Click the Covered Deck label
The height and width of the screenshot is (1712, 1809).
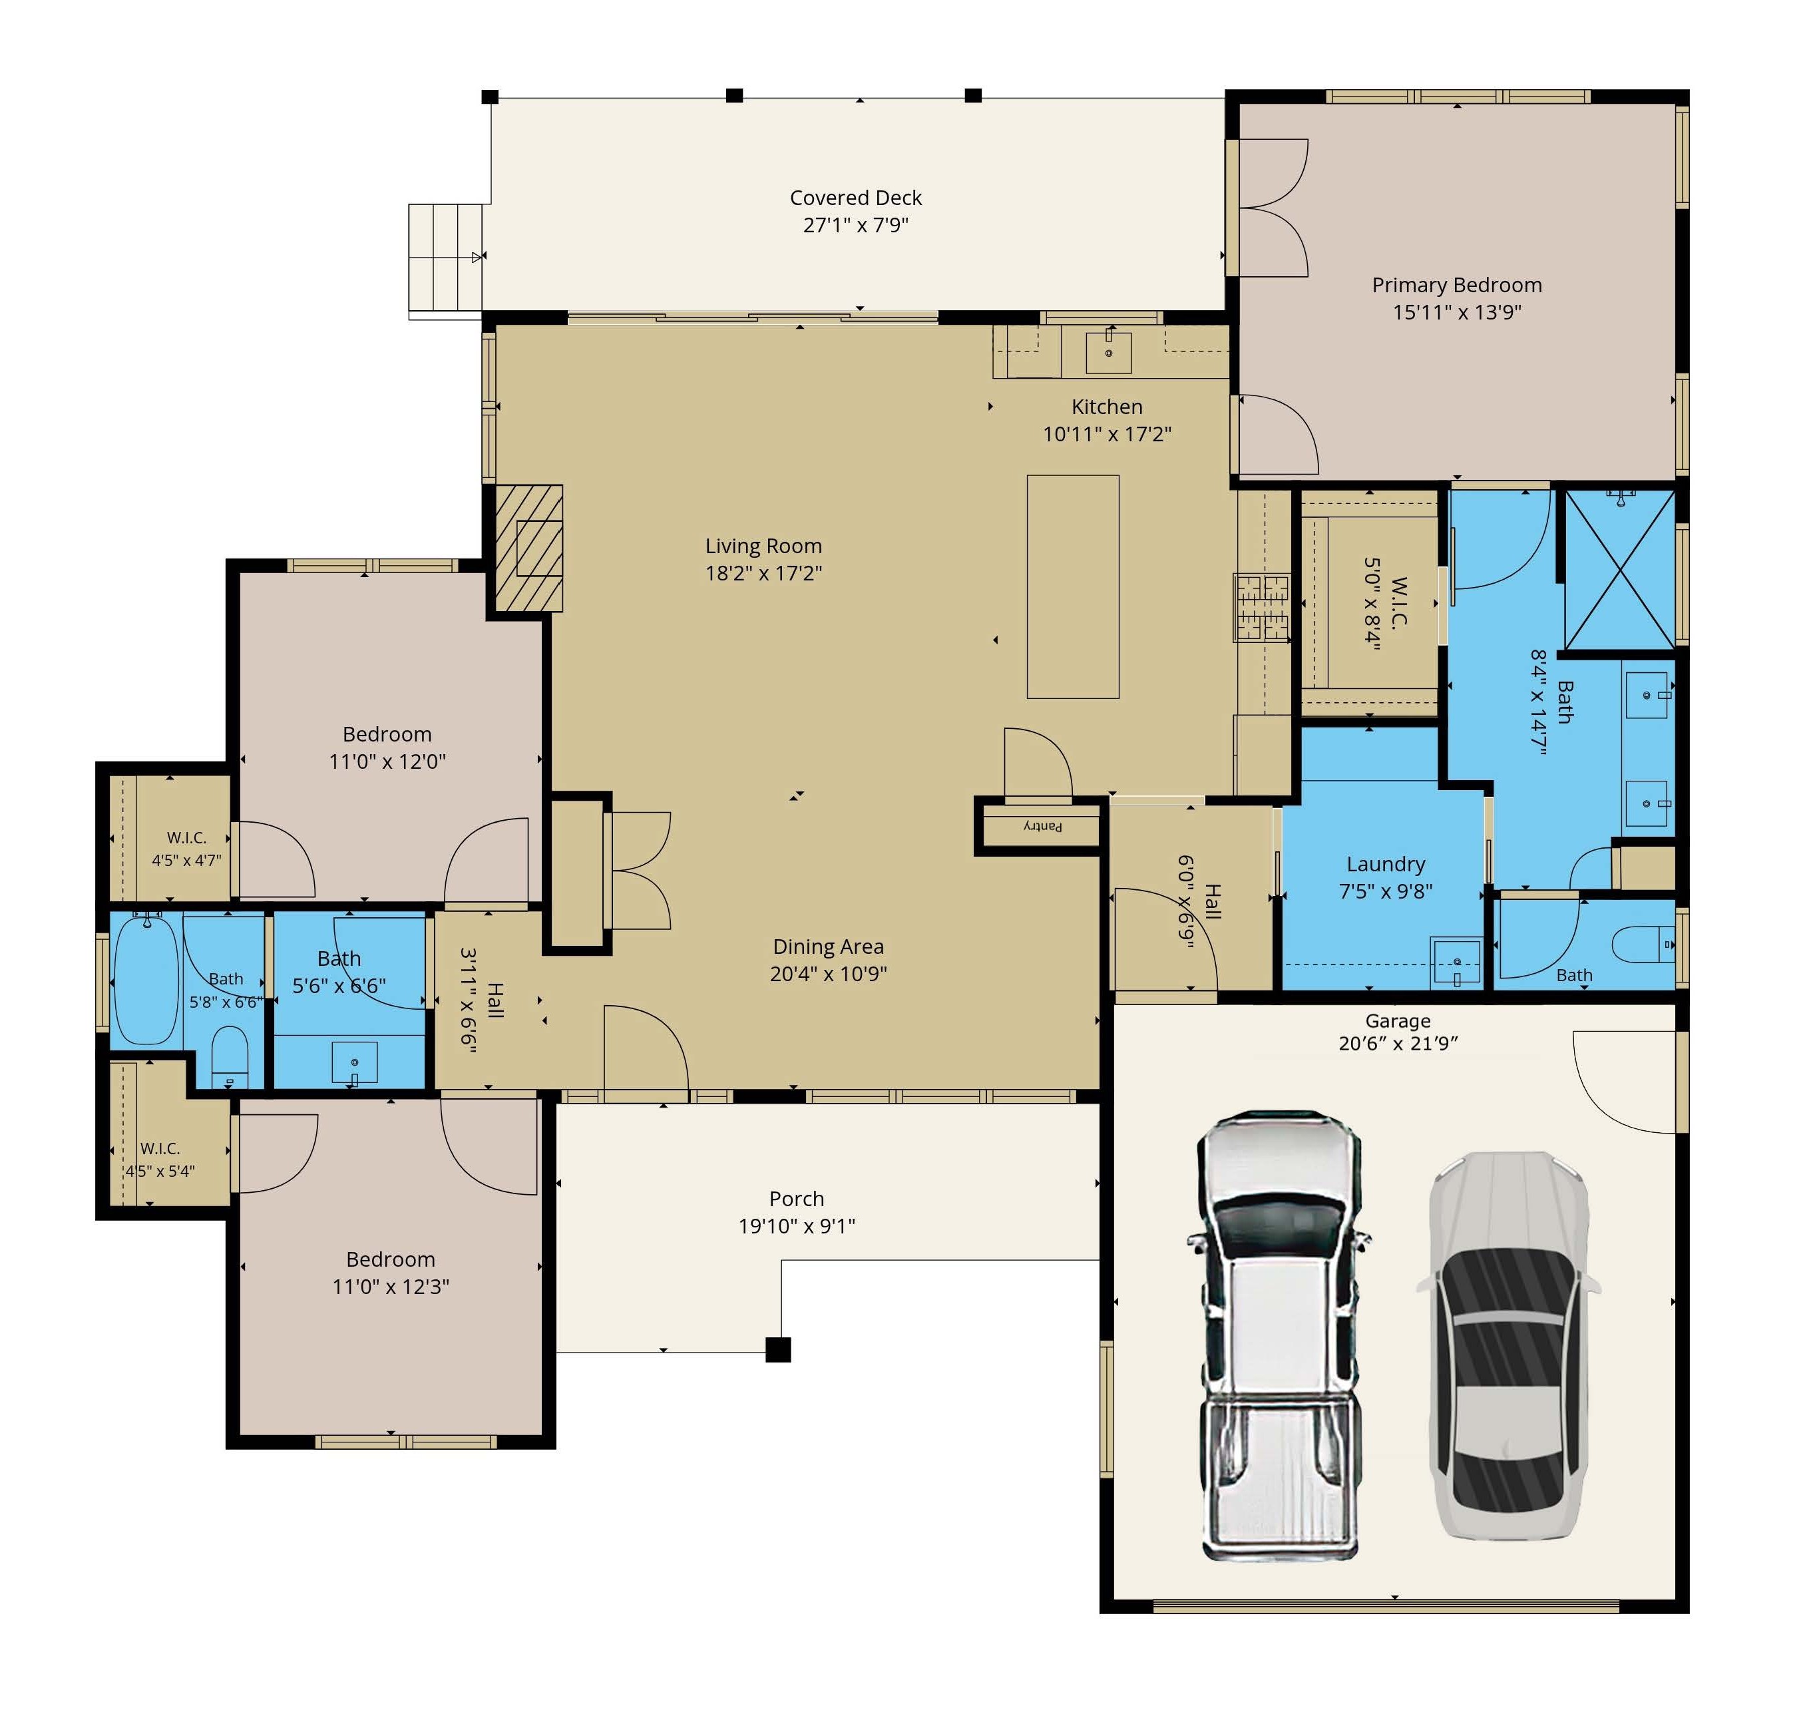point(856,198)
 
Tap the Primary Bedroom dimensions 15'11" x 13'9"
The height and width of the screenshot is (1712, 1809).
point(1457,312)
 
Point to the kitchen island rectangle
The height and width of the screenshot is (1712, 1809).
point(1073,587)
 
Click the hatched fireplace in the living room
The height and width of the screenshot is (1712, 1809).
point(529,548)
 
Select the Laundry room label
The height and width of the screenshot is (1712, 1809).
point(1386,864)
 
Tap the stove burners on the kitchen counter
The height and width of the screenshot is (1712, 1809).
point(1262,606)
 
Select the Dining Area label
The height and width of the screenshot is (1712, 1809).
point(829,947)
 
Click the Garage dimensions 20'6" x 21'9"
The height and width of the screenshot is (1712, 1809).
point(1398,1044)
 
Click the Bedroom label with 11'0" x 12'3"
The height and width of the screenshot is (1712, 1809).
point(391,1260)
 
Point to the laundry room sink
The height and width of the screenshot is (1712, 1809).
point(1456,962)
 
